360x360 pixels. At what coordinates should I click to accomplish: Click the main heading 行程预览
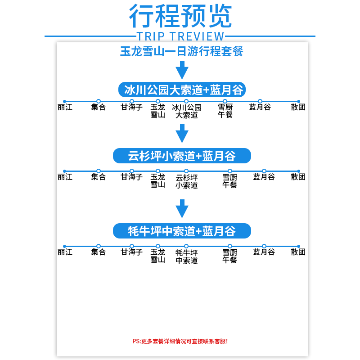pyautogui.click(x=180, y=17)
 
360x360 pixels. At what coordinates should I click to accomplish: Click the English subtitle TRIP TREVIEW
pyautogui.click(x=180, y=36)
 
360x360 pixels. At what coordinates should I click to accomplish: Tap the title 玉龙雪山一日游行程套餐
pyautogui.click(x=182, y=51)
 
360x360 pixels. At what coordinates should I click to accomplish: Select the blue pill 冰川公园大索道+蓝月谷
pyautogui.click(x=182, y=89)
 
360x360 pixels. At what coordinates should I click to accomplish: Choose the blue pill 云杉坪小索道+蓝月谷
pyautogui.click(x=182, y=156)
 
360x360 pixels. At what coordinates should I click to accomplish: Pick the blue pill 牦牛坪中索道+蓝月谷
pyautogui.click(x=182, y=231)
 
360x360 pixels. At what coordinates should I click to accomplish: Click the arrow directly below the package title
pyautogui.click(x=182, y=70)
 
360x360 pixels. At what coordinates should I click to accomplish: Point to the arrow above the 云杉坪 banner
pyautogui.click(x=182, y=134)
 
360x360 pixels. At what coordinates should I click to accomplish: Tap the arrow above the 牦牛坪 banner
pyautogui.click(x=182, y=209)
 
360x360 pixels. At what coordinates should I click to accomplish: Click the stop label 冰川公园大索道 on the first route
pyautogui.click(x=187, y=111)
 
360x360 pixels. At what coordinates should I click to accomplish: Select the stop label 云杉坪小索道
pyautogui.click(x=187, y=181)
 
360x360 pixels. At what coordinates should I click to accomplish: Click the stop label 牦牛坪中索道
pyautogui.click(x=187, y=256)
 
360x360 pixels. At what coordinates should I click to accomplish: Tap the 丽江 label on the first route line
pyautogui.click(x=65, y=108)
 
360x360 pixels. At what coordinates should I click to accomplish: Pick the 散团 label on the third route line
pyautogui.click(x=298, y=252)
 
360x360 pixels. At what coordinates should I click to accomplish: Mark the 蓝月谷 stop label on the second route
pyautogui.click(x=264, y=177)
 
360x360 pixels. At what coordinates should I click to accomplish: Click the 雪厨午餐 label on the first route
pyautogui.click(x=225, y=111)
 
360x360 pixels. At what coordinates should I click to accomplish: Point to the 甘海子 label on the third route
pyautogui.click(x=131, y=252)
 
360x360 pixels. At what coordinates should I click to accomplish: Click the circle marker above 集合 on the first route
pyautogui.click(x=99, y=101)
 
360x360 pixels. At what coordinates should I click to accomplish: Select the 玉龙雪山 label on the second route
pyautogui.click(x=157, y=181)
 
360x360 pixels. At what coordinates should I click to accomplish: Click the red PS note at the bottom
pyautogui.click(x=180, y=341)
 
